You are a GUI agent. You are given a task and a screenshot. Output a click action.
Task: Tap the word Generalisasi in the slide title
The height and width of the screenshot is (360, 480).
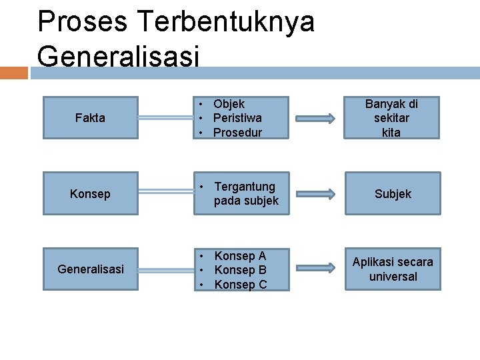pos(118,56)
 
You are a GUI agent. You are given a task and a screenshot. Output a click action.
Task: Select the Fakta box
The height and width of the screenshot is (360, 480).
pos(90,118)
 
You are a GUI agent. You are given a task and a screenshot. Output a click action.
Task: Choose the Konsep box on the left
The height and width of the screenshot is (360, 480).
pos(90,193)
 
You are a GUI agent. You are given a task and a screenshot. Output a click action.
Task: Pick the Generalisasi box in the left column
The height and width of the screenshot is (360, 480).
pos(90,269)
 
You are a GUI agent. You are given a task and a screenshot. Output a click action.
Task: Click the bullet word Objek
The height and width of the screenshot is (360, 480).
pos(229,104)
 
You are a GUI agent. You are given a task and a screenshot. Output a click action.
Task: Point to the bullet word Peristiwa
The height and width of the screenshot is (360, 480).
pos(237,118)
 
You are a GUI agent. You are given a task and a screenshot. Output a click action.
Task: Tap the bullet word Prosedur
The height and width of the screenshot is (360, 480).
pos(237,132)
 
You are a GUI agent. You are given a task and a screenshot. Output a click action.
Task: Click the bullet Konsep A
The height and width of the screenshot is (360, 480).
pos(240,256)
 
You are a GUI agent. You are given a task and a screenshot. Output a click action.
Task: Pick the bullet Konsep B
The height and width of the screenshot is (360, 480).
pos(240,270)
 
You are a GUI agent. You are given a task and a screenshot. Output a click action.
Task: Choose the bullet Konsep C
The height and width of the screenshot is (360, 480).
pos(240,285)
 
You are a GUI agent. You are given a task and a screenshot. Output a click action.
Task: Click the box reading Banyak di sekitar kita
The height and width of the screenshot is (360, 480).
pos(392,118)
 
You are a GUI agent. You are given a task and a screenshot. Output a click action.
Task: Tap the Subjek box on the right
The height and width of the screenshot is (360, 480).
pos(393,193)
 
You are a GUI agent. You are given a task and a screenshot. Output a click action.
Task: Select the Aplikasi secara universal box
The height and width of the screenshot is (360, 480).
pos(393,269)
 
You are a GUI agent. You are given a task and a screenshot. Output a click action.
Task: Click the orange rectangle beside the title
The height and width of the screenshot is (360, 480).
pos(14,73)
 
